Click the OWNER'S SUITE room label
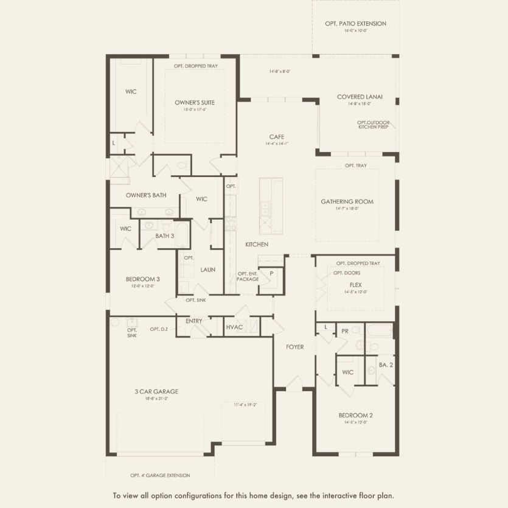(195, 103)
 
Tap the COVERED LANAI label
(360, 97)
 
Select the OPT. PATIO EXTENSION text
(356, 24)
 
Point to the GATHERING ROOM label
(347, 201)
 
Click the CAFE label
(277, 137)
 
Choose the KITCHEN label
(257, 244)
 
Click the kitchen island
(271, 205)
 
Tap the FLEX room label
(356, 284)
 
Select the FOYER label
(295, 347)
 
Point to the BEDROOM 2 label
(356, 416)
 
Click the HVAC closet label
(234, 327)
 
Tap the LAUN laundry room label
(208, 270)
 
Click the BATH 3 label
(164, 235)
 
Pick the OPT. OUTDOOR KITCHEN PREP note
(374, 125)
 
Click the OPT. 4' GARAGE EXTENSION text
(160, 475)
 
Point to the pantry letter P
(271, 274)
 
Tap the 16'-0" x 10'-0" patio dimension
(356, 30)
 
